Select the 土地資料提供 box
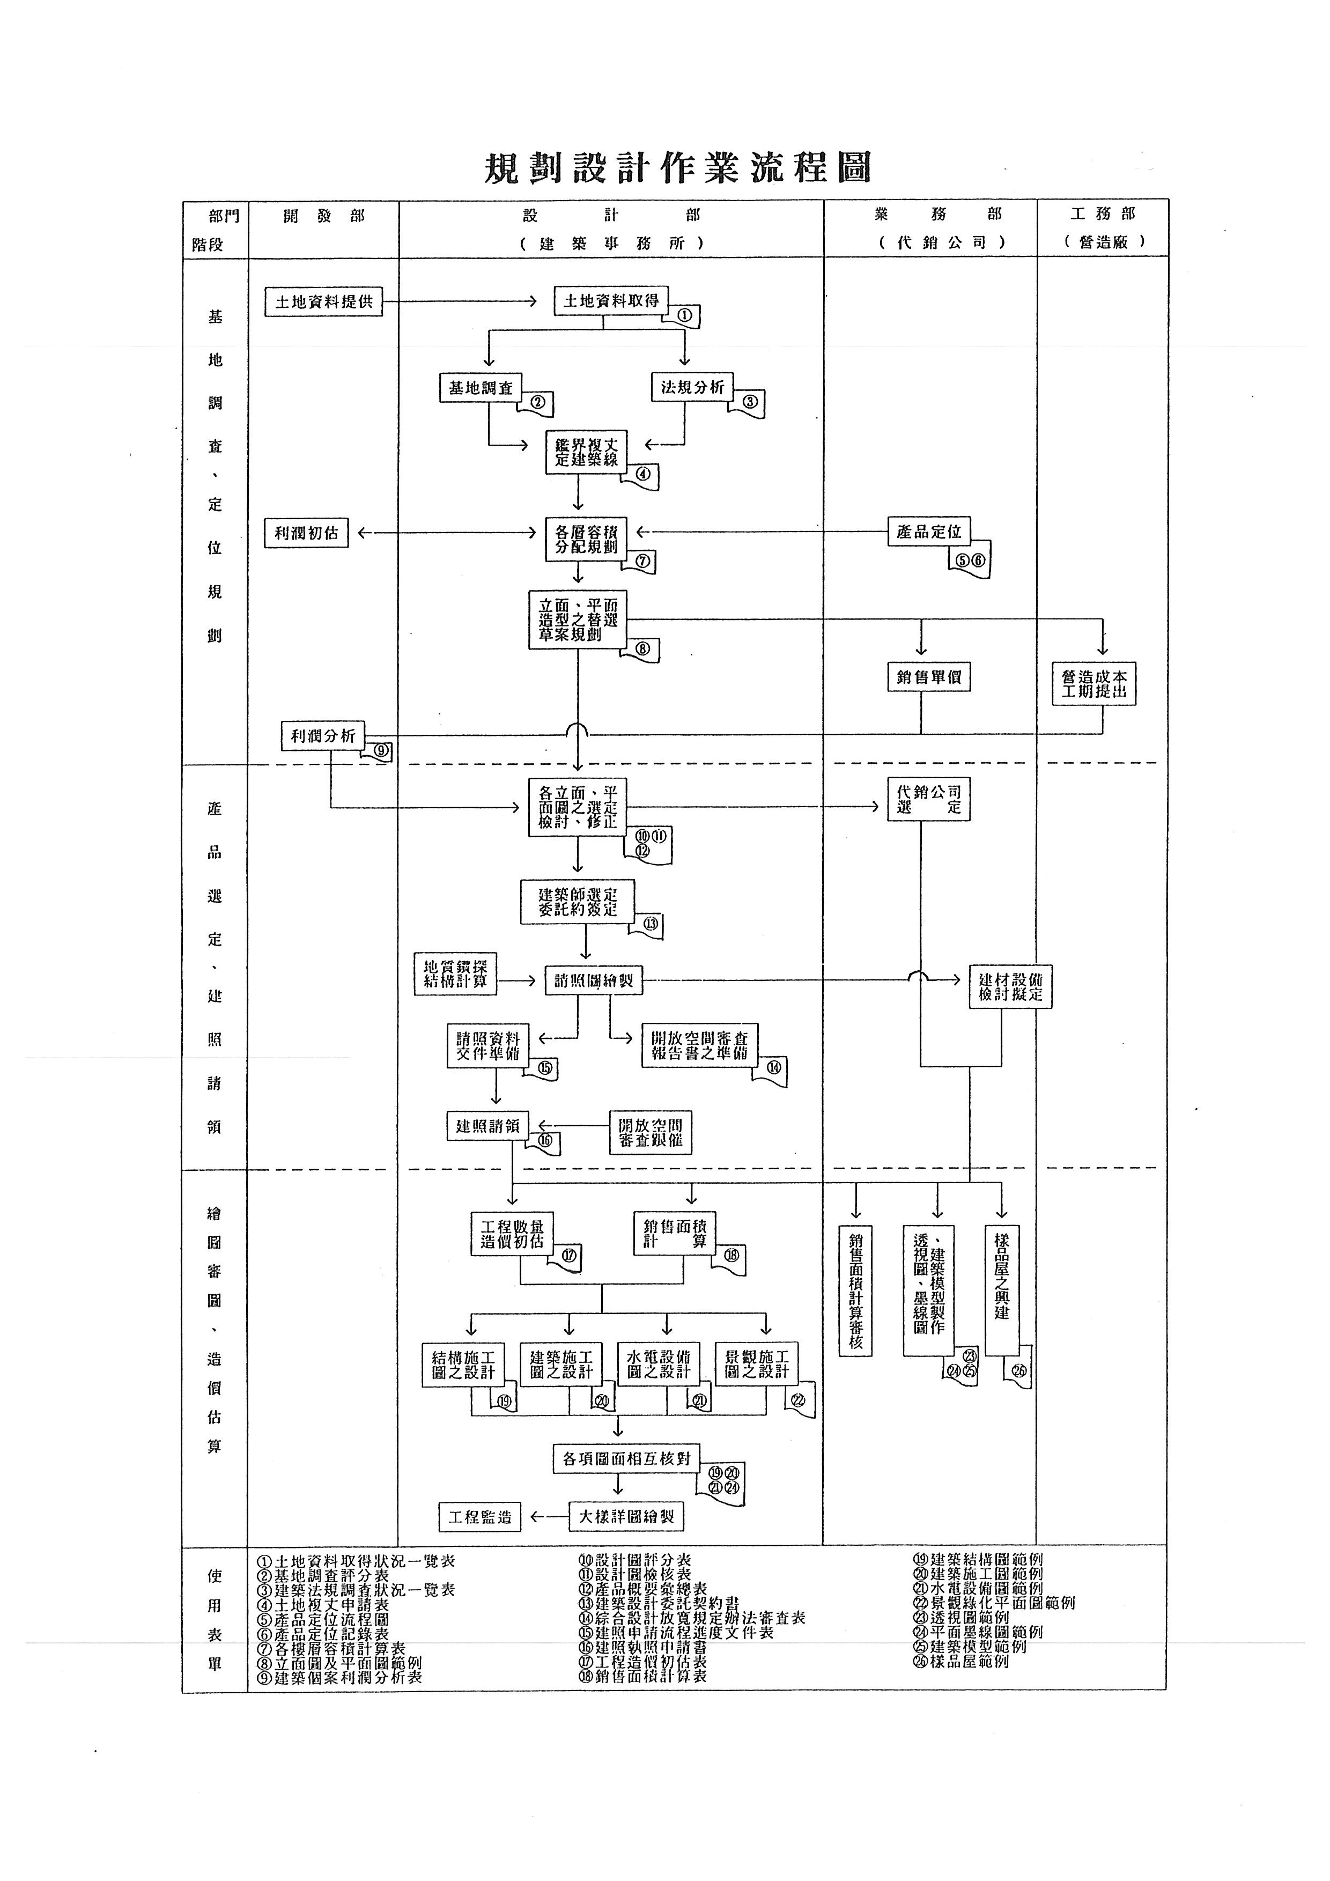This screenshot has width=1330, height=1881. (x=323, y=303)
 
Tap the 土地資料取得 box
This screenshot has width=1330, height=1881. (x=611, y=301)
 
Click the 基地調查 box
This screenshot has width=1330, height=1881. (x=480, y=388)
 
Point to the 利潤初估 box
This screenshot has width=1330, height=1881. (x=306, y=533)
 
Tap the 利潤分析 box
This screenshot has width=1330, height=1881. (x=323, y=736)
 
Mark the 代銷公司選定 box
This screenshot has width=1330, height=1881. (x=929, y=800)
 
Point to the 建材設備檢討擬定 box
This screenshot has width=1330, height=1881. (x=1010, y=987)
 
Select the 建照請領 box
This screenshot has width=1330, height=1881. (x=487, y=1126)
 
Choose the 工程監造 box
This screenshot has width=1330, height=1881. (x=480, y=1517)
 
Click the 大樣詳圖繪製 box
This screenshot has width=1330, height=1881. (x=626, y=1517)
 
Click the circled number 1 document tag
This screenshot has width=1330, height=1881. (x=685, y=315)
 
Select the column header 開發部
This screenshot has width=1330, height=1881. (x=323, y=216)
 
